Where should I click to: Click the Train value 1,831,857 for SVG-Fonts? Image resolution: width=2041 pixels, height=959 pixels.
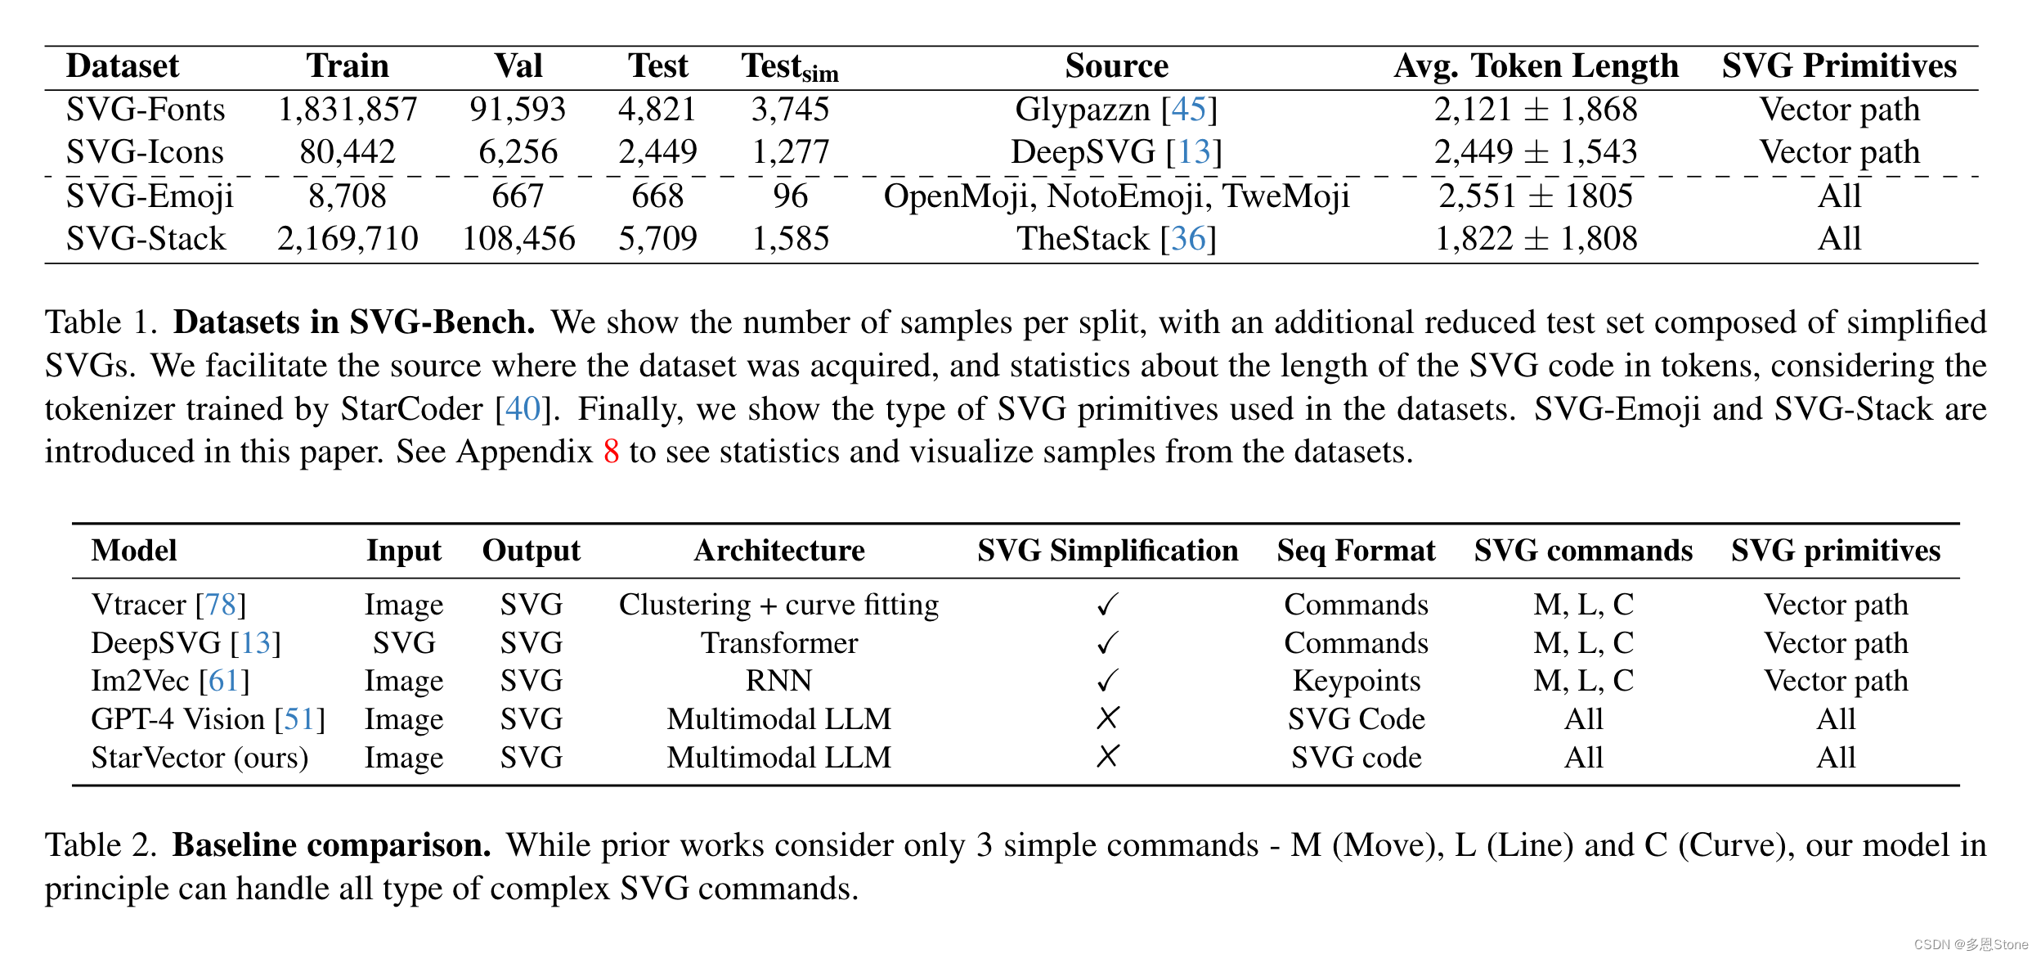coord(348,110)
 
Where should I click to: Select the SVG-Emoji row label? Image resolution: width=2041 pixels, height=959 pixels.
coord(150,196)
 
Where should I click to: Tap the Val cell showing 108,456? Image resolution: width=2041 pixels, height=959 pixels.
coord(518,239)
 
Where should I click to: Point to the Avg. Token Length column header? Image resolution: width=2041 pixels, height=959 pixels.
coord(1536,66)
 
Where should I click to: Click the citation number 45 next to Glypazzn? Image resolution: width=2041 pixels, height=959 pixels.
coord(1189,110)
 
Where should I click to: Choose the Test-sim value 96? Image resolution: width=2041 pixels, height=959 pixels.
coord(790,196)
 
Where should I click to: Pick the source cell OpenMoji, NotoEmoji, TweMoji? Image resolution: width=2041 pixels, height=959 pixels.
coord(1116,196)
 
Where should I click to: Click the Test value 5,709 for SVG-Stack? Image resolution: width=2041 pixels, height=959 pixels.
coord(657,239)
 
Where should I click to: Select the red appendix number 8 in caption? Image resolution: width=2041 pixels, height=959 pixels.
coord(611,452)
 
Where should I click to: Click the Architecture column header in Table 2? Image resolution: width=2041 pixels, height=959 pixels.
coord(778,551)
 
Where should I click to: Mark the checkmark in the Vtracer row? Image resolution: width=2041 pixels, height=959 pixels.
coord(1107,605)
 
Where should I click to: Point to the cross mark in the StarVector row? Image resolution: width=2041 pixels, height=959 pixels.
coord(1107,757)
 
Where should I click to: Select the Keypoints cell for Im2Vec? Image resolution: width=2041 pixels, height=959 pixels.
coord(1356,681)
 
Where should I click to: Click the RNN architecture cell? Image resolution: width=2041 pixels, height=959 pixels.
coord(778,681)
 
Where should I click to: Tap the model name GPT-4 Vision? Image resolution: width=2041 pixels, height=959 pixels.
coord(178,719)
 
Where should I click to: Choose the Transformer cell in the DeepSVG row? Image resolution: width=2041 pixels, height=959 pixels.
coord(778,643)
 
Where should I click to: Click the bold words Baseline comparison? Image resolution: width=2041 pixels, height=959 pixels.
coord(331,845)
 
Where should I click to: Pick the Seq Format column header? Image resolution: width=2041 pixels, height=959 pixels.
coord(1356,551)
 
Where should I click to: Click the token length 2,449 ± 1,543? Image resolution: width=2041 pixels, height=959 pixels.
coord(1536,152)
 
